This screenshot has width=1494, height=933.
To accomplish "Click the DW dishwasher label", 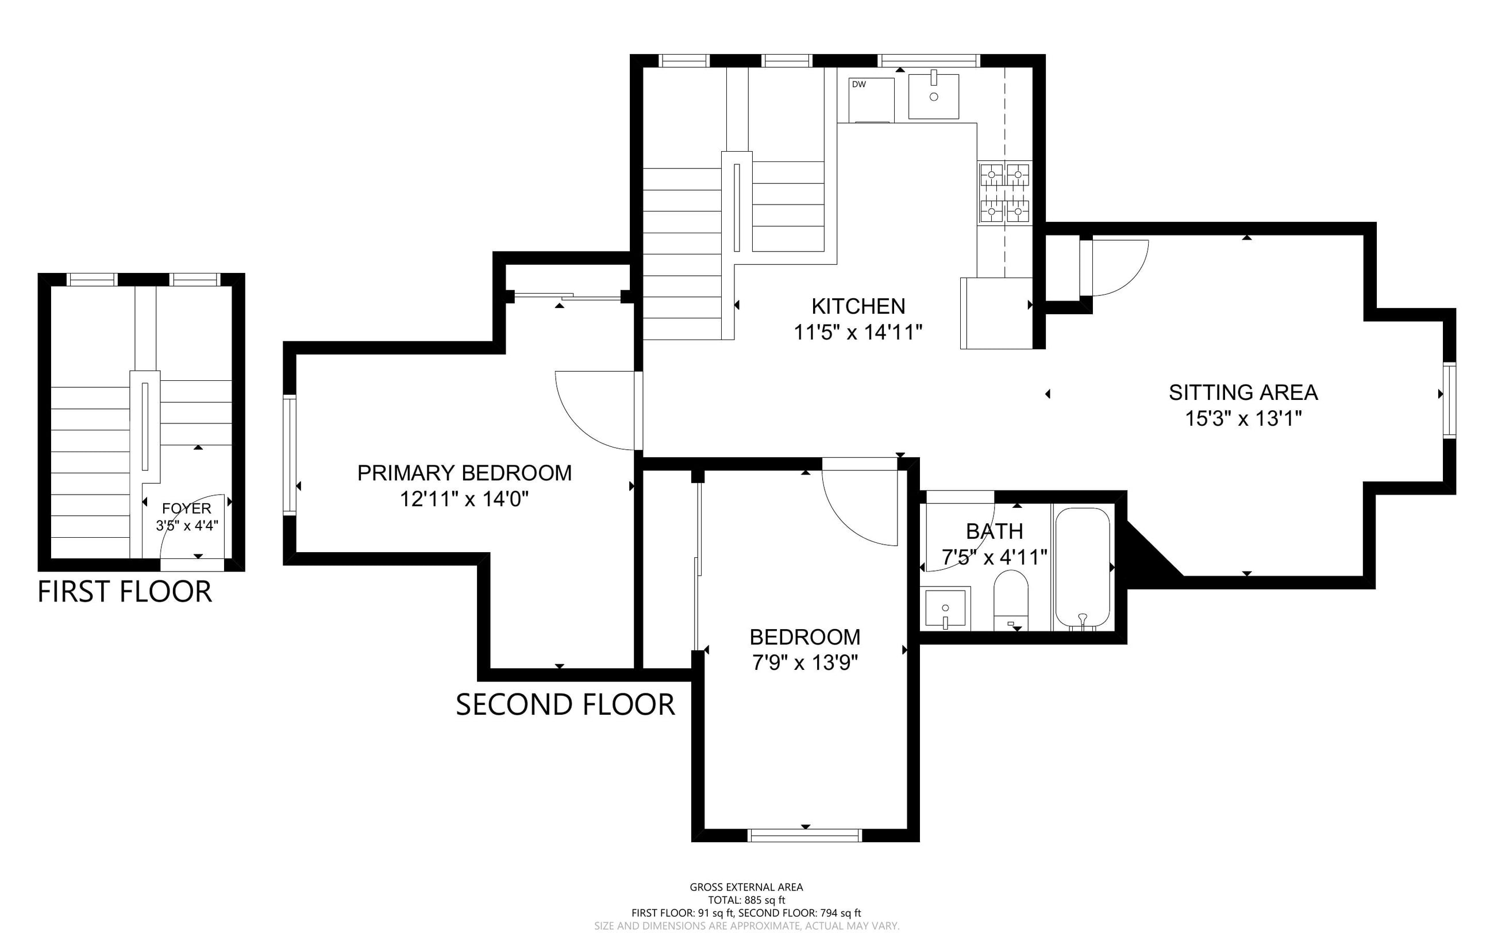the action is (858, 84).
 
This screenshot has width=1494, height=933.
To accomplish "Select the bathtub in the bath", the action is (1083, 568).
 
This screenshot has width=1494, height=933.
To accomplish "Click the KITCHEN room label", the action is (858, 306).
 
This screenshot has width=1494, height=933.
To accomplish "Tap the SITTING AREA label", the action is (1243, 392).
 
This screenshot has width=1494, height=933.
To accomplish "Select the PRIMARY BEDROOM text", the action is (465, 473).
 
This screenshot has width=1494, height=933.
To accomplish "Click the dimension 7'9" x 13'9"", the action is (805, 663).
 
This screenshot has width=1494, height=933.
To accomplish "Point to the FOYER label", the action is (186, 508).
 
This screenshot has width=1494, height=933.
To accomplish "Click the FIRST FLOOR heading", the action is (125, 592).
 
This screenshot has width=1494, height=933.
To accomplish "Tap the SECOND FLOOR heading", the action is (565, 705).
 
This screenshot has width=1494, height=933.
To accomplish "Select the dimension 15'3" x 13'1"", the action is (1243, 419).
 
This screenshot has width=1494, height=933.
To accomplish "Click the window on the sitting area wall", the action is (1450, 400).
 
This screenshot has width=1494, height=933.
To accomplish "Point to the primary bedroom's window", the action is (290, 456).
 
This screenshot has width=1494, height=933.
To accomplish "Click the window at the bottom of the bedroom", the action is (804, 835).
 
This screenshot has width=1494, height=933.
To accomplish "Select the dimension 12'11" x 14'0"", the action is (465, 499).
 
